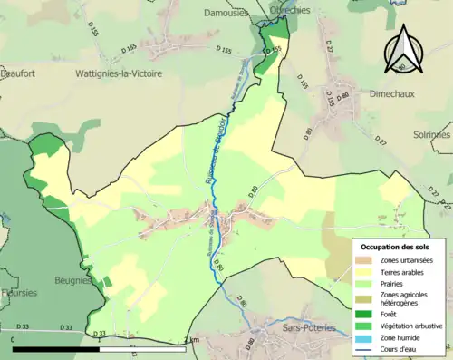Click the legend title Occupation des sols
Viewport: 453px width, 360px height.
399,247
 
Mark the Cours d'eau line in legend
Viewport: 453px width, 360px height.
362,349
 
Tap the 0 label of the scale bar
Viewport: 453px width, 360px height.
14,340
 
